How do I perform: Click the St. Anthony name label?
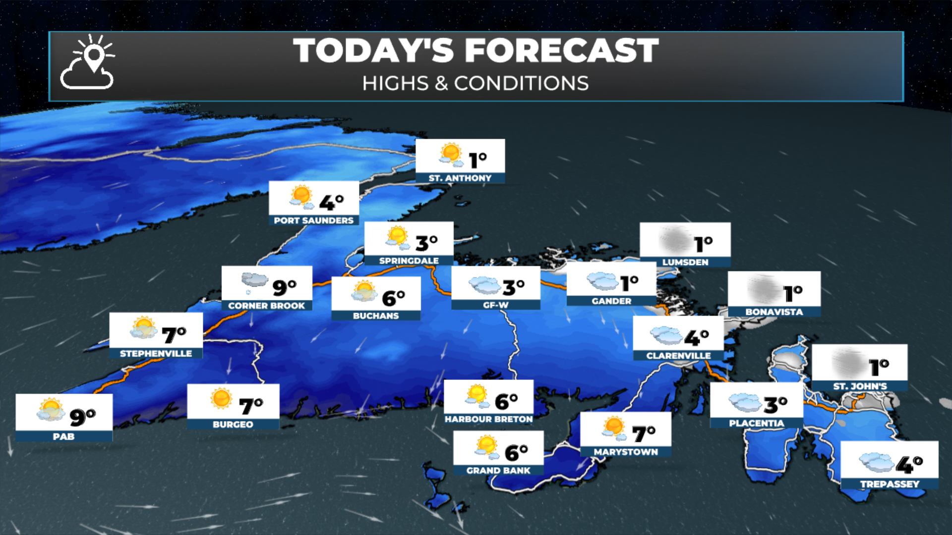[x=460, y=178]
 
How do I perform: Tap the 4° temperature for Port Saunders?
[x=331, y=202]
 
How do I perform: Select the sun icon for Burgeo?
[x=221, y=398]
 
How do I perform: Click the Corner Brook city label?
[x=266, y=306]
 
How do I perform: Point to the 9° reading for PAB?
[x=82, y=417]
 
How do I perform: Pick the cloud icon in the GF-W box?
[x=484, y=285]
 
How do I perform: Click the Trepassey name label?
[x=890, y=484]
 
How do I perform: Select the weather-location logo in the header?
[x=88, y=62]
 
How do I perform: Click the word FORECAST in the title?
[x=561, y=51]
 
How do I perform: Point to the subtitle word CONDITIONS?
[x=521, y=83]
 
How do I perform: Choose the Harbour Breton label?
[x=488, y=419]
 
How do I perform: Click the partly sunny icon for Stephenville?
[x=144, y=328]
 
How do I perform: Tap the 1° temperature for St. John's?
[x=879, y=367]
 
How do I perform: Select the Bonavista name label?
[x=774, y=312]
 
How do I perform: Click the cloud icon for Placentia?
[x=744, y=402]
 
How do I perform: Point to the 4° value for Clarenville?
[x=696, y=337]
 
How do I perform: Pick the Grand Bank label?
[x=498, y=470]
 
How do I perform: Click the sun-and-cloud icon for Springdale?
[x=398, y=238]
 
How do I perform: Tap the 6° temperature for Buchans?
[x=393, y=298]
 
